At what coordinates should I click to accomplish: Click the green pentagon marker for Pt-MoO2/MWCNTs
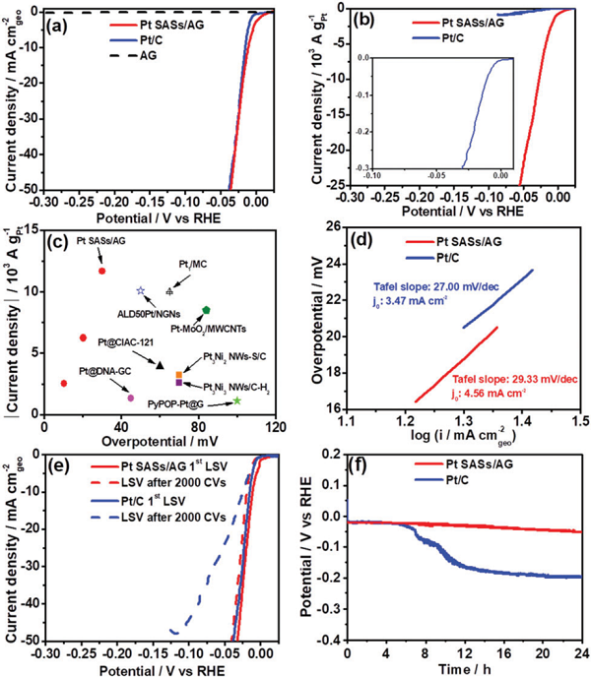click(x=205, y=310)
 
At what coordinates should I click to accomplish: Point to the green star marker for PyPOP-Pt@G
click(x=237, y=400)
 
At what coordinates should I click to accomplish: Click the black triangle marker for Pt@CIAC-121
click(x=160, y=365)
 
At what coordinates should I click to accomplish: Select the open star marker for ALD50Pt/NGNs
click(x=140, y=291)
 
